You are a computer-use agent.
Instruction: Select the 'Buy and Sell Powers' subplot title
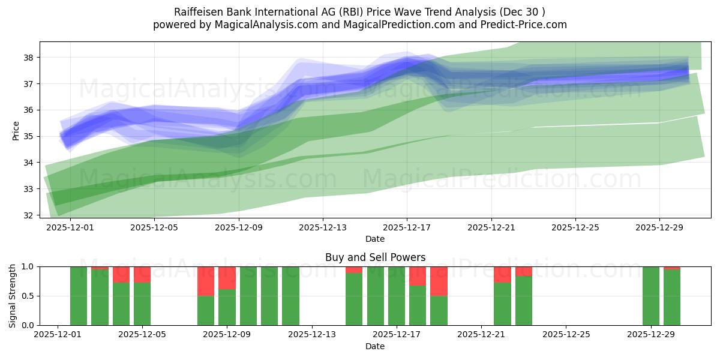pyautogui.click(x=375, y=257)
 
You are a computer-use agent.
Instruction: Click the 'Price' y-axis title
pyautogui.click(x=16, y=130)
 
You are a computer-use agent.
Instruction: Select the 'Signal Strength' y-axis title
pyautogui.click(x=13, y=295)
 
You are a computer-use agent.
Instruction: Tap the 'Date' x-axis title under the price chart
pyautogui.click(x=375, y=239)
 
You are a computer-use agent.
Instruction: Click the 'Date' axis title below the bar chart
pyautogui.click(x=375, y=346)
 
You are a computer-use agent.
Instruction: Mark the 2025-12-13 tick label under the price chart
pyautogui.click(x=323, y=227)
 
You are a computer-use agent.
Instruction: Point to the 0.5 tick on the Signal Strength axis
pyautogui.click(x=28, y=296)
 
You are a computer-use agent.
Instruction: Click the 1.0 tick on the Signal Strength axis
pyautogui.click(x=28, y=266)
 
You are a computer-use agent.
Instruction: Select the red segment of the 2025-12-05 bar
pyautogui.click(x=142, y=274)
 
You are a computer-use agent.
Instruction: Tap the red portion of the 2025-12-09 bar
pyautogui.click(x=227, y=277)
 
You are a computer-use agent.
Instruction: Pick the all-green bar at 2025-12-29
pyautogui.click(x=651, y=296)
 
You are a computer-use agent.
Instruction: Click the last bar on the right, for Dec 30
pyautogui.click(x=672, y=298)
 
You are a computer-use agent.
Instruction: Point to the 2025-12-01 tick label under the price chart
pyautogui.click(x=70, y=227)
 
